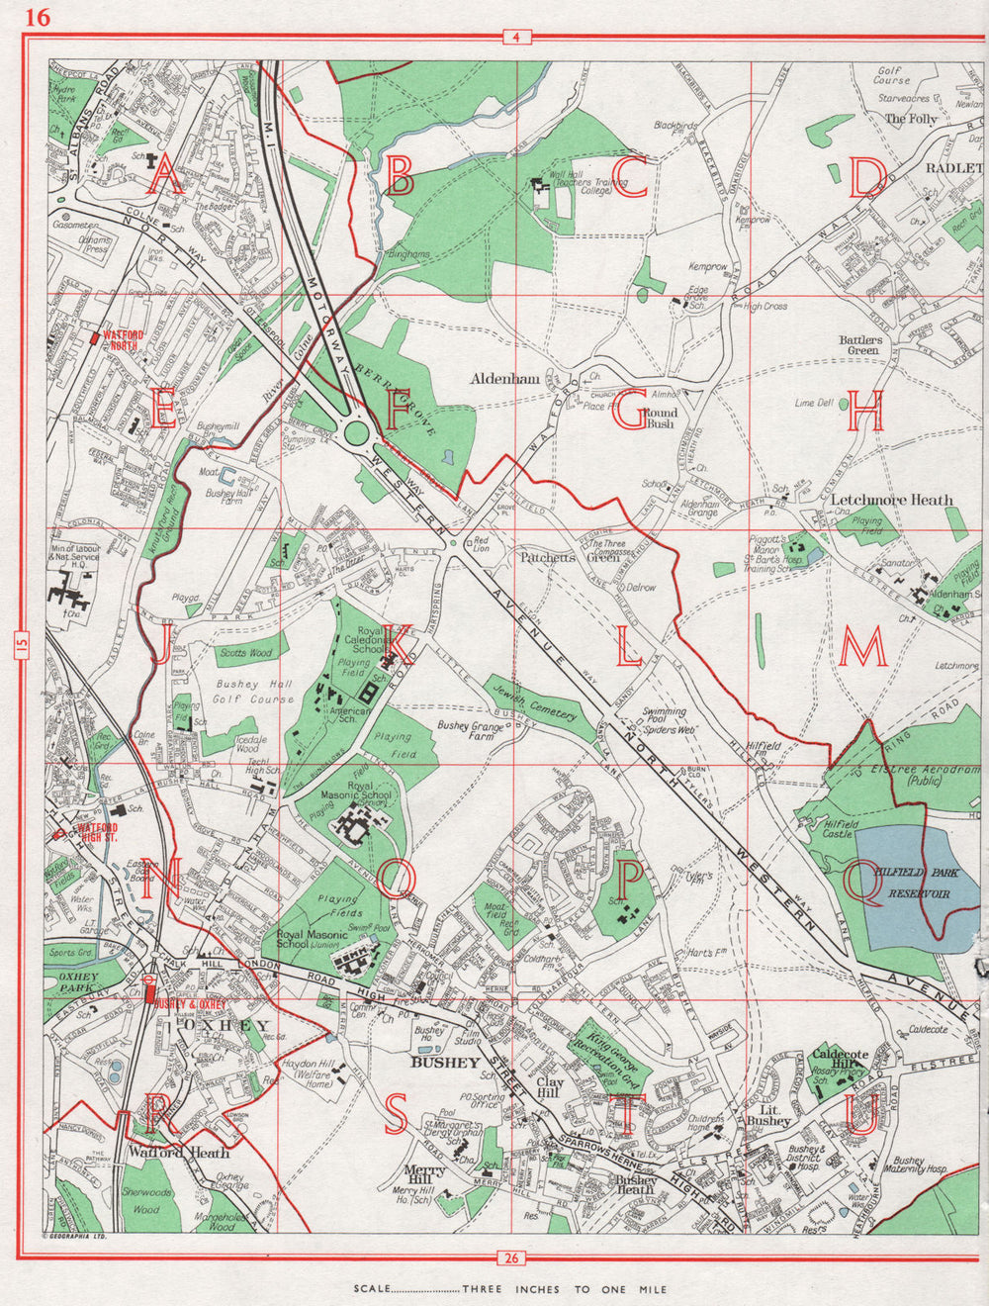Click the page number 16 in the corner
pyautogui.click(x=38, y=17)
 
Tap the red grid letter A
pyautogui.click(x=164, y=178)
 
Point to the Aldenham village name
pyautogui.click(x=504, y=379)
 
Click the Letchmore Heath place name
pyautogui.click(x=892, y=500)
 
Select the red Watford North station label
pyautogui.click(x=121, y=340)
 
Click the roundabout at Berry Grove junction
pyautogui.click(x=357, y=432)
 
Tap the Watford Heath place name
pyautogui.click(x=178, y=1153)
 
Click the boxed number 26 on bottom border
pyautogui.click(x=510, y=1259)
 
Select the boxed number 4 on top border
pyautogui.click(x=516, y=39)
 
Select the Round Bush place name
pyautogui.click(x=660, y=418)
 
